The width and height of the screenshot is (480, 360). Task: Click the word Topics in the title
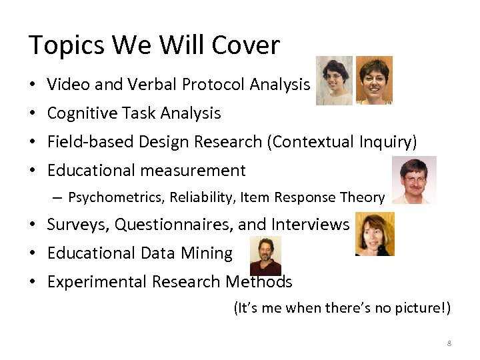coord(67,46)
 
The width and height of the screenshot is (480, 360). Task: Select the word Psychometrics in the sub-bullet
coord(116,197)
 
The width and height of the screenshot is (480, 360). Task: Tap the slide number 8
coord(449,343)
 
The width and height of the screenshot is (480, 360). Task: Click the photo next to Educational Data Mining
coord(265,255)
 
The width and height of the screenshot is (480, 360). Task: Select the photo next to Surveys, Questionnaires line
coord(375,234)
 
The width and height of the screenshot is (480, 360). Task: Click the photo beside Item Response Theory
coord(414,180)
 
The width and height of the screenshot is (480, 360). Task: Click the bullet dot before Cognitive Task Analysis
coord(33,114)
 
